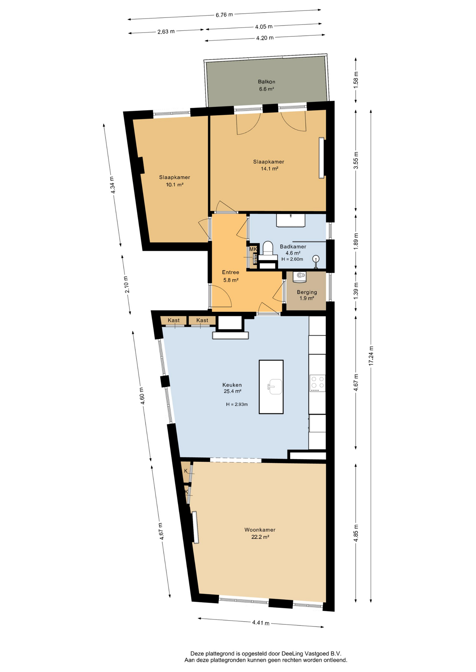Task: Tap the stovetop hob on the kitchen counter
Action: pos(317,383)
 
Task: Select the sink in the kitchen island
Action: pos(275,386)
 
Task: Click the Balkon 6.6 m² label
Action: pos(266,85)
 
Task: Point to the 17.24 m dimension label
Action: pos(371,356)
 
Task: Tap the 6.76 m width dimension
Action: pos(224,15)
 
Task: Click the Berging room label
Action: pos(307,292)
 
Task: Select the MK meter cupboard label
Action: pos(253,249)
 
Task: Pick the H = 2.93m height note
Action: pos(237,404)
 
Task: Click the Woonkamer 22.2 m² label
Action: pos(260,533)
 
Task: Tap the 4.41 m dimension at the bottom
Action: pos(261,623)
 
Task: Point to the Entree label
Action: pos(231,272)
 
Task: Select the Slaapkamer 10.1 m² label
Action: pos(175,181)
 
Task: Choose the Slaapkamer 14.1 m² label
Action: pos(269,165)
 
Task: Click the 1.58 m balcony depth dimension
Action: pos(356,80)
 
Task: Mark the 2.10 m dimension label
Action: pos(127,285)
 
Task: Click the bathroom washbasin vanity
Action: pos(291,220)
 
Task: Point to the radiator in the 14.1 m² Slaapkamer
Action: pos(321,158)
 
